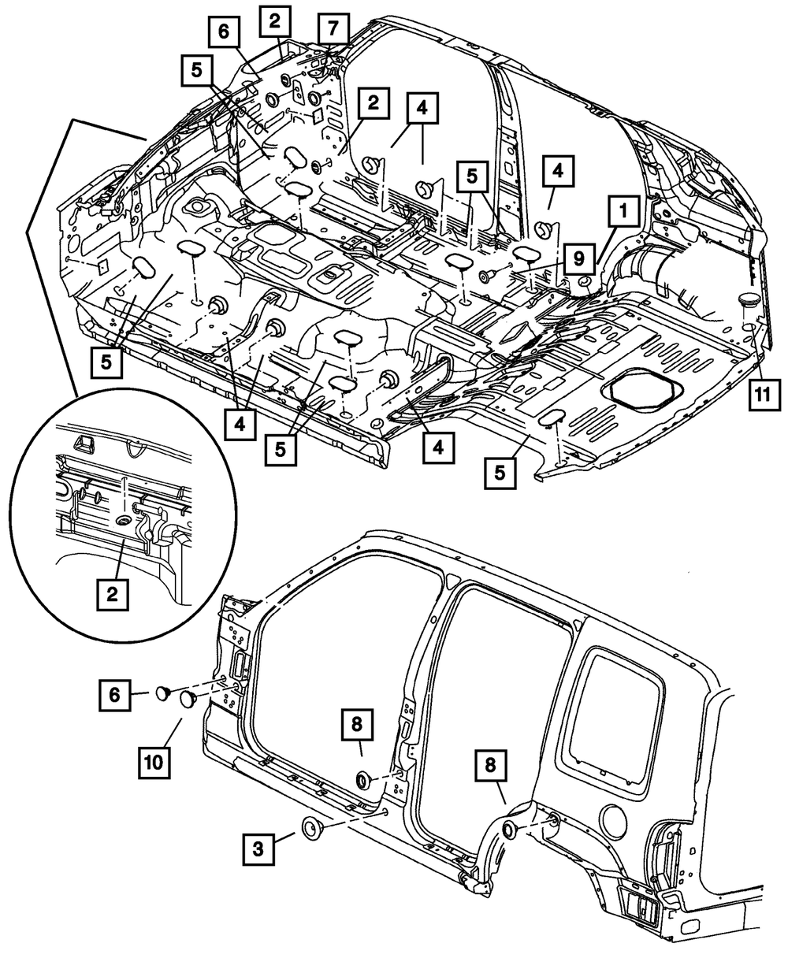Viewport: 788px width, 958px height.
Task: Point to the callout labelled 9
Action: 578,258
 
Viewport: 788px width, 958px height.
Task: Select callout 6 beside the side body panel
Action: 115,694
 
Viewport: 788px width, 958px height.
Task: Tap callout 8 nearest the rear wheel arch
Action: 491,764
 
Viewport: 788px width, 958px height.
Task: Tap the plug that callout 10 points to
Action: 188,699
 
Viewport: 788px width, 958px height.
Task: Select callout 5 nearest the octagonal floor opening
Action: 500,472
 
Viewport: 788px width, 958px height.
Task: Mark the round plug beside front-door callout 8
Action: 364,780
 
